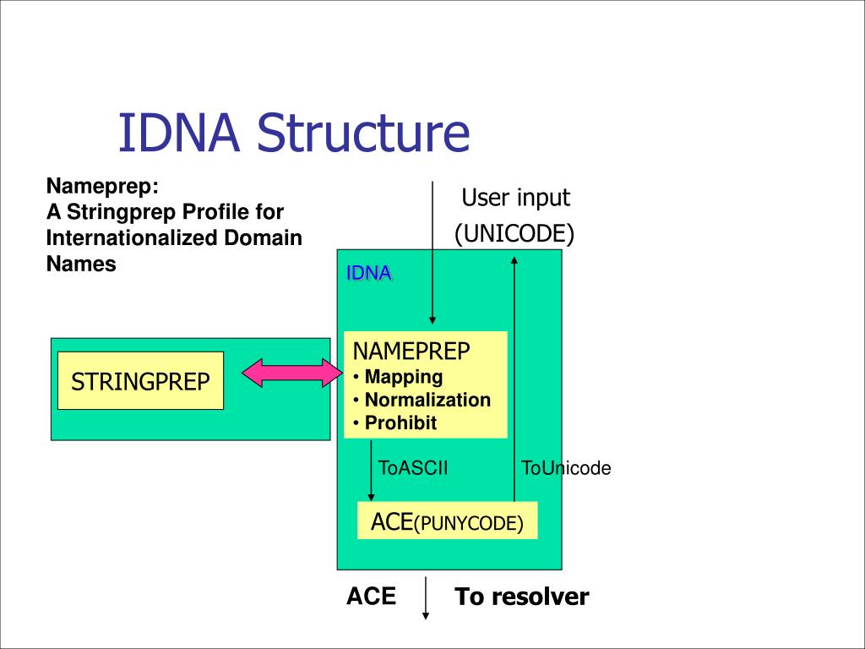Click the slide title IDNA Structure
click(x=294, y=133)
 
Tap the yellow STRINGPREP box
click(x=141, y=381)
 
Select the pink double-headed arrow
click(x=292, y=373)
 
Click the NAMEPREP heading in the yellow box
click(x=411, y=352)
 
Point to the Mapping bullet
click(x=398, y=377)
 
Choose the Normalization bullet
click(x=422, y=400)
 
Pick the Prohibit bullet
click(x=395, y=423)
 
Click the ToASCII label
click(x=413, y=468)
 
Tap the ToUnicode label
click(x=566, y=468)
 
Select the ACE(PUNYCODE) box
click(x=448, y=521)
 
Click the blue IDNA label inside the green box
click(x=368, y=273)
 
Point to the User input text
click(x=516, y=198)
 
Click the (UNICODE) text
click(x=514, y=233)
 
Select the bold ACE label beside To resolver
click(x=372, y=597)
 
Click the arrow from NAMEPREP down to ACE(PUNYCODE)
click(x=372, y=470)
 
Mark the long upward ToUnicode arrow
click(x=514, y=379)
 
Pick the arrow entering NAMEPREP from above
click(x=432, y=253)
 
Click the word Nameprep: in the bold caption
click(x=102, y=186)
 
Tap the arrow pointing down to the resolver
click(x=426, y=598)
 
